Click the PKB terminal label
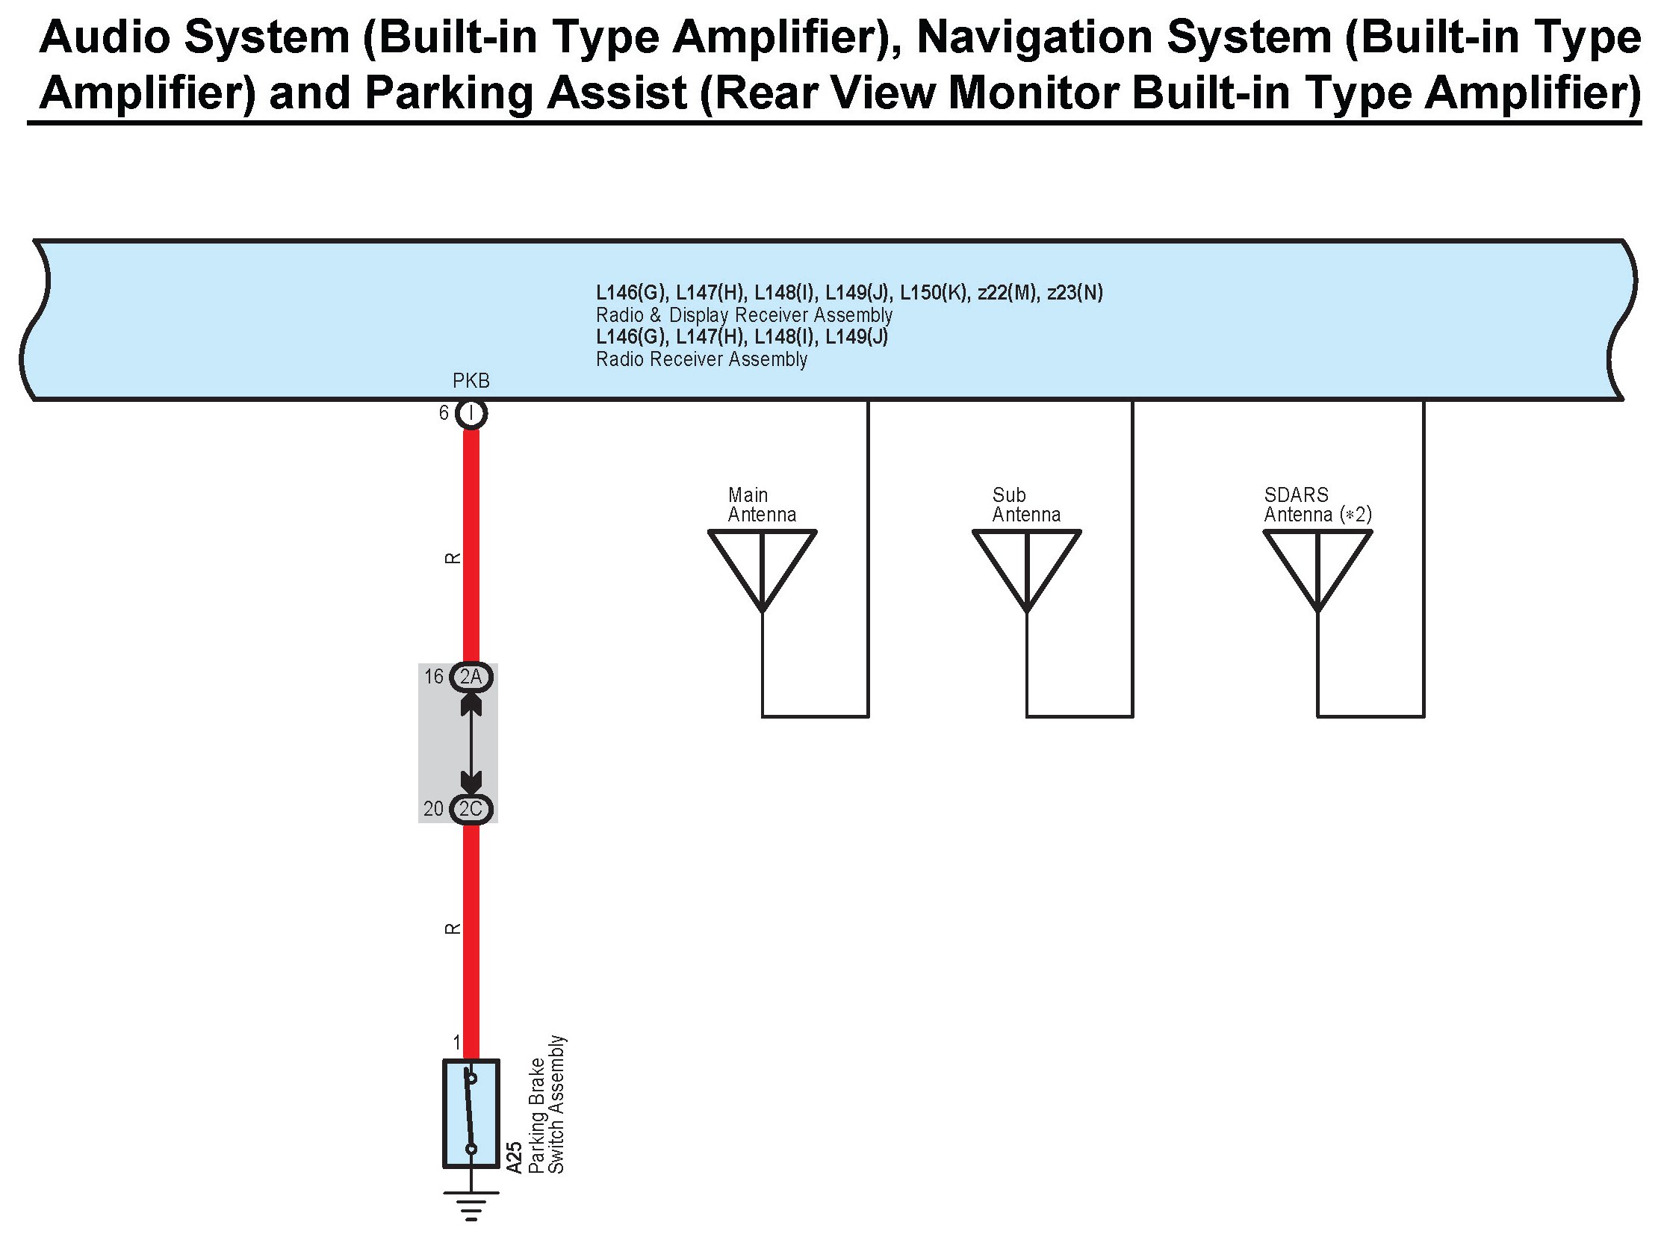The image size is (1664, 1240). tap(471, 381)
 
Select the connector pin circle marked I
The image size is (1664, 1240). tap(471, 414)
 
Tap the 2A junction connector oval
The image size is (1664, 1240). tap(471, 677)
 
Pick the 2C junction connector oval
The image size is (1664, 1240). tap(471, 809)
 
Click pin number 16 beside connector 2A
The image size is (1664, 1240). tap(434, 677)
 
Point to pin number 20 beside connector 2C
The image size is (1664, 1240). tap(434, 809)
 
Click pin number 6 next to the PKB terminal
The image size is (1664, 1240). tap(444, 414)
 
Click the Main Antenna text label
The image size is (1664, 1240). tap(761, 505)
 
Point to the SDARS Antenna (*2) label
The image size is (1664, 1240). tap(1317, 505)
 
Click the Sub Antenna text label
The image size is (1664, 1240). tap(1025, 505)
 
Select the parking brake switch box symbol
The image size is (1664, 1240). tap(471, 1113)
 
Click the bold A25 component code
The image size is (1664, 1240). tap(514, 1157)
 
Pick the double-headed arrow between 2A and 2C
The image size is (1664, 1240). tap(471, 743)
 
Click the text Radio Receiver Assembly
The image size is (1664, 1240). tap(701, 359)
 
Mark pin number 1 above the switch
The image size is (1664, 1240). tap(456, 1043)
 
